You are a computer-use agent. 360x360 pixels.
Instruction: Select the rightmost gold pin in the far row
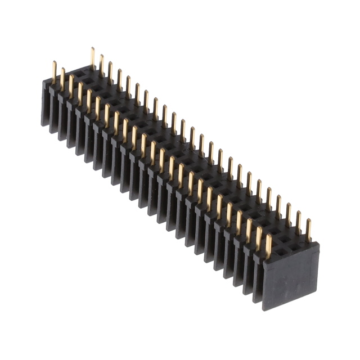click(308, 230)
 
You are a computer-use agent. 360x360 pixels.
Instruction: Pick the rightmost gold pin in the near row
click(268, 246)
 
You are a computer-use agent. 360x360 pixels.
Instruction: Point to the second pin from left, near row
click(63, 79)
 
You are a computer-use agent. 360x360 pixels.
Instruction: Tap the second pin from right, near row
click(259, 238)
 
